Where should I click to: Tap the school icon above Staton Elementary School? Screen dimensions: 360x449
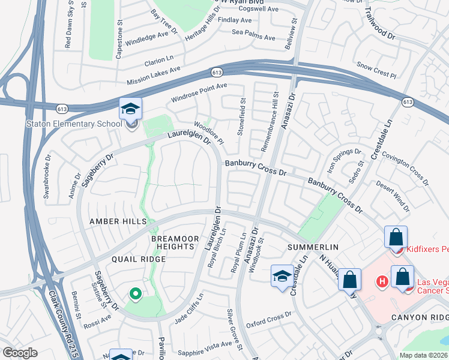pyautogui.click(x=130, y=109)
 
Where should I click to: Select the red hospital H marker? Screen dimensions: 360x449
pyautogui.click(x=381, y=281)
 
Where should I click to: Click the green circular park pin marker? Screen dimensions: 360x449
pyautogui.click(x=136, y=293)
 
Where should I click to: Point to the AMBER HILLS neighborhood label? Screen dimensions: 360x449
pyautogui.click(x=118, y=221)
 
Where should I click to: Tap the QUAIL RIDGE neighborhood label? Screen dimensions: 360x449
pyautogui.click(x=138, y=259)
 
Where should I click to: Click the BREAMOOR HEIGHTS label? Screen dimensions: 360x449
pyautogui.click(x=173, y=242)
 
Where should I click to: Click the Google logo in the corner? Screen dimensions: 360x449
pyautogui.click(x=20, y=352)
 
